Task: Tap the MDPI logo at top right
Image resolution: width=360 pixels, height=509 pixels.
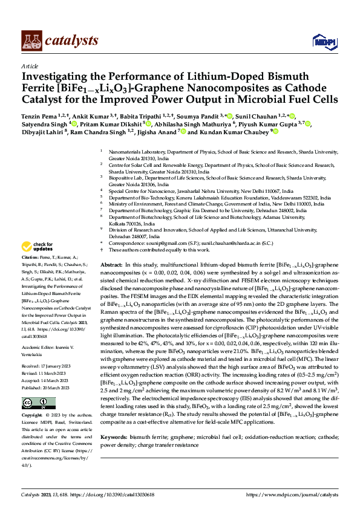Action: (x=321, y=41)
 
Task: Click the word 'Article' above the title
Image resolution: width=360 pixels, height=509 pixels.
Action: (x=29, y=65)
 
